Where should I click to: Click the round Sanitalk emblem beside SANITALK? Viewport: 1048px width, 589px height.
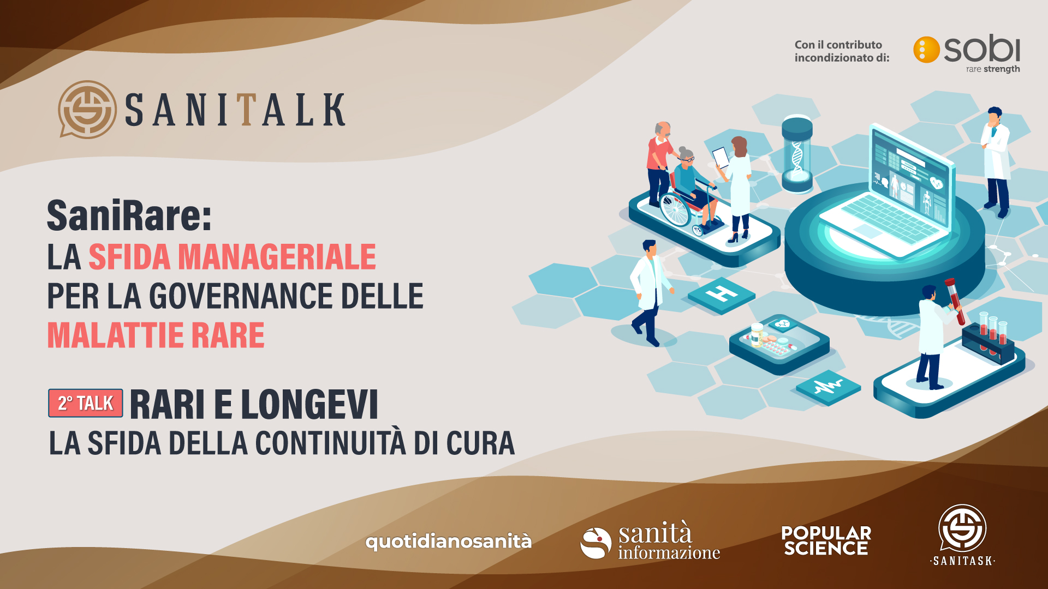pyautogui.click(x=87, y=110)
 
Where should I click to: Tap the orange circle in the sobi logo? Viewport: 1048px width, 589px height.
pyautogui.click(x=926, y=50)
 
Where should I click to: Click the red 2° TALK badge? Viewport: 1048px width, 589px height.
pyautogui.click(x=86, y=403)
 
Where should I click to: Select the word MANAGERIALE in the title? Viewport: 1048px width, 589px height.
pyautogui.click(x=277, y=257)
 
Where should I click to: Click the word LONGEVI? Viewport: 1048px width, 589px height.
pyautogui.click(x=309, y=405)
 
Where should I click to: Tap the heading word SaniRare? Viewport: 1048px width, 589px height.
pyautogui.click(x=129, y=215)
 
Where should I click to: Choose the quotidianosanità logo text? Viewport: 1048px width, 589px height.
pyautogui.click(x=448, y=542)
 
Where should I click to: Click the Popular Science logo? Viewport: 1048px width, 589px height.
pyautogui.click(x=826, y=540)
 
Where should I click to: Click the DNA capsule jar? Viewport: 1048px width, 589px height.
pyautogui.click(x=797, y=153)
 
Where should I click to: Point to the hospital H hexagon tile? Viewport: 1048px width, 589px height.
pyautogui.click(x=722, y=295)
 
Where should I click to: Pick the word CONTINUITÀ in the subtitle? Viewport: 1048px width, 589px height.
pyautogui.click(x=331, y=443)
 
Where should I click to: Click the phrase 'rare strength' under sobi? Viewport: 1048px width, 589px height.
pyautogui.click(x=993, y=69)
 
